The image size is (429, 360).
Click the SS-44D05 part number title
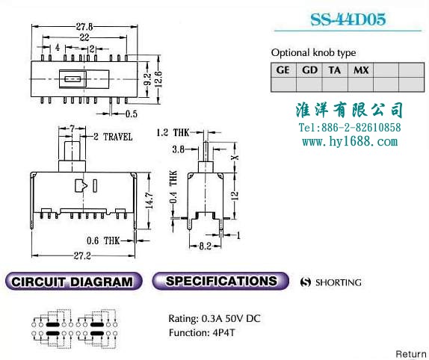click(348, 19)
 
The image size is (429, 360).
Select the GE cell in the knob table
click(283, 70)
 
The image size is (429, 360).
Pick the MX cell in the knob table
click(361, 70)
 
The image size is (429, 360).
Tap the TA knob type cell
click(335, 70)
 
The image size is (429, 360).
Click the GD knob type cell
click(309, 70)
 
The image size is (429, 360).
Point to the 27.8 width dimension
click(84, 27)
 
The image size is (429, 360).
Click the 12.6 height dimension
click(158, 79)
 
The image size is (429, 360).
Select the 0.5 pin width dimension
click(132, 114)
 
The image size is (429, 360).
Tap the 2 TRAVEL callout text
click(113, 137)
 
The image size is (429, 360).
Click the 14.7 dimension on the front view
click(149, 200)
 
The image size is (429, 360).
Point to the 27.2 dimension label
click(82, 255)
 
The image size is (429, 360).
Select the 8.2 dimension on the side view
click(206, 246)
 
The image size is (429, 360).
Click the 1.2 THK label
click(173, 133)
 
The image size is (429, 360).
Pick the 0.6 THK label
click(103, 240)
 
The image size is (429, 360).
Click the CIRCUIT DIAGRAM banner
click(73, 282)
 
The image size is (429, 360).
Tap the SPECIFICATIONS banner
click(220, 281)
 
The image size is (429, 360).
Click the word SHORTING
click(339, 282)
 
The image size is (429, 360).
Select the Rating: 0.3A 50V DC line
click(214, 318)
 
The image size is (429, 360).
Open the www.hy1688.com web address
click(350, 142)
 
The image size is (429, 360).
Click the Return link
click(411, 354)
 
